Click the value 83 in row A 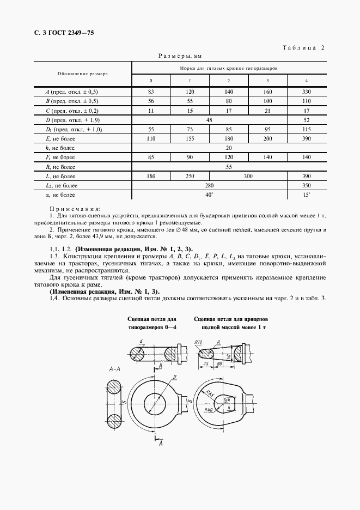151,92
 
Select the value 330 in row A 307,92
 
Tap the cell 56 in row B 151,101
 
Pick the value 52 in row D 307,119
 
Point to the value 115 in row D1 307,129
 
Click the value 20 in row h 228,148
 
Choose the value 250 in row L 190,176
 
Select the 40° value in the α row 209,195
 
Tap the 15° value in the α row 307,195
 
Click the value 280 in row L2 209,185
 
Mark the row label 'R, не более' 61,167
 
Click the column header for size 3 267,81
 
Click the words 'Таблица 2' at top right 304,47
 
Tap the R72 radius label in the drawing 199,342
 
